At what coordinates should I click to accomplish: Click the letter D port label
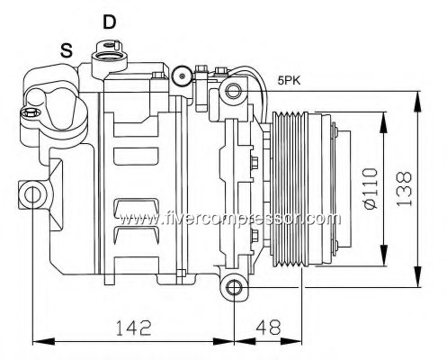[109, 22]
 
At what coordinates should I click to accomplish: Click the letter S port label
[67, 50]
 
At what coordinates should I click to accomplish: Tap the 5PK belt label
[289, 80]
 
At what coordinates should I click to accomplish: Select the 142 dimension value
[134, 328]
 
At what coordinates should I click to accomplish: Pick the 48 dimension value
[269, 328]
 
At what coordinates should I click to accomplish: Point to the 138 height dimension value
[404, 189]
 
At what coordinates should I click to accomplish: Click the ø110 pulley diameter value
[370, 188]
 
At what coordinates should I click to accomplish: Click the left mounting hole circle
[32, 195]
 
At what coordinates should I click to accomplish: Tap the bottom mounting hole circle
[234, 288]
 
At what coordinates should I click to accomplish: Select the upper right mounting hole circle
[233, 91]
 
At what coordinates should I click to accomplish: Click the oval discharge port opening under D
[108, 56]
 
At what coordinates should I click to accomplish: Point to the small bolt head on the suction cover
[30, 113]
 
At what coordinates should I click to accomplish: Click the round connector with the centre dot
[182, 76]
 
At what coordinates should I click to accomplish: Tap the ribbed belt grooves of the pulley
[290, 190]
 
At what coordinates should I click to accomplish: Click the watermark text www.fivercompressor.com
[230, 219]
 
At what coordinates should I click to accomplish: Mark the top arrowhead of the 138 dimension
[417, 102]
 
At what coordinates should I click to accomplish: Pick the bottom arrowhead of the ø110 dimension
[383, 255]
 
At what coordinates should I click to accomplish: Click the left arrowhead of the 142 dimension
[43, 341]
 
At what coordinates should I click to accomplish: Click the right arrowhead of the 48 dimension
[291, 341]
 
